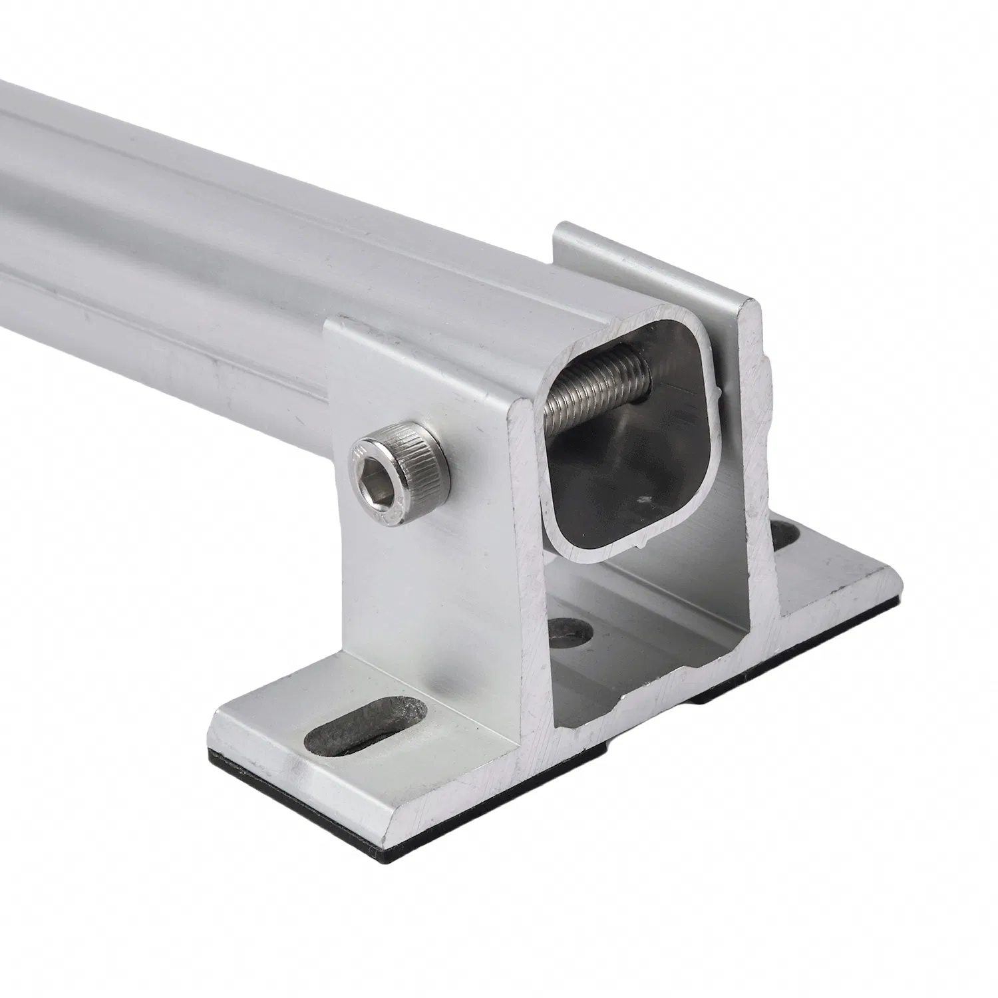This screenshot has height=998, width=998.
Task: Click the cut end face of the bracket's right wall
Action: coord(758,466)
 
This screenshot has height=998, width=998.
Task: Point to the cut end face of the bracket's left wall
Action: coord(526,566)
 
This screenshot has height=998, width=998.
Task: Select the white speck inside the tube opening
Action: coord(644,497)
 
